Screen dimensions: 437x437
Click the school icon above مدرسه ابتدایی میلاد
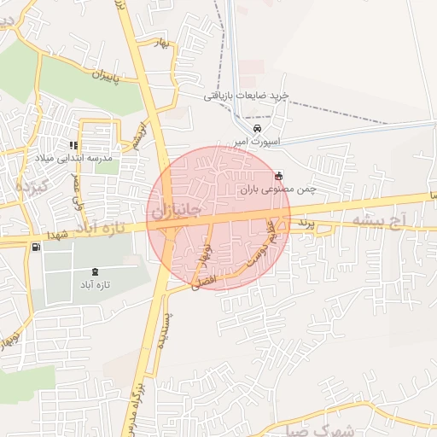click(73, 144)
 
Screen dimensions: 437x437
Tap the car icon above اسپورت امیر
click(246, 129)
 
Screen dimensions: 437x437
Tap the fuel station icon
click(35, 248)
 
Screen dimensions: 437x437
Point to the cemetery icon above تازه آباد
click(94, 271)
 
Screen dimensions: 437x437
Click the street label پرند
click(306, 223)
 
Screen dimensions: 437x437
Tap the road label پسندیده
click(168, 329)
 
